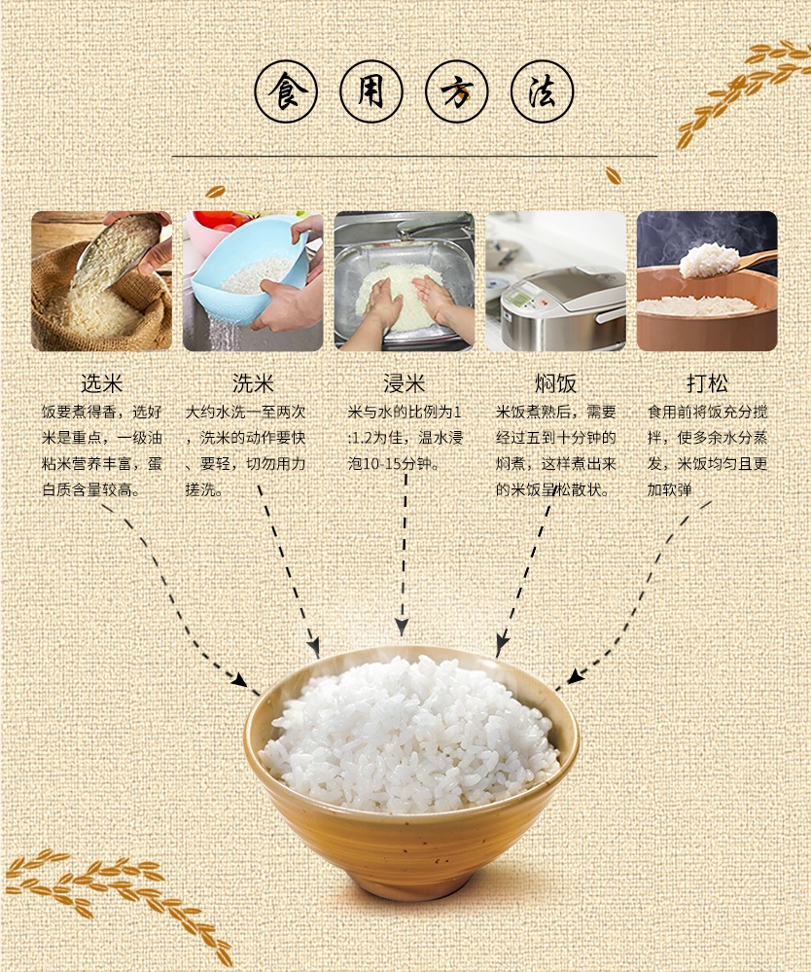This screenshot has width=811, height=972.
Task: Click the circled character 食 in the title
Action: pyautogui.click(x=286, y=91)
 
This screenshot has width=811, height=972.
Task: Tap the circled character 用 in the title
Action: pyautogui.click(x=371, y=91)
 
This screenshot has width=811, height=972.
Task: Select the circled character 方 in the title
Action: pyautogui.click(x=457, y=91)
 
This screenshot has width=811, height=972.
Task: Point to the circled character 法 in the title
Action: pyautogui.click(x=542, y=91)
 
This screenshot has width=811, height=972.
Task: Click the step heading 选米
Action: pyautogui.click(x=101, y=383)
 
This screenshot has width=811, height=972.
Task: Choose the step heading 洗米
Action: pyautogui.click(x=253, y=383)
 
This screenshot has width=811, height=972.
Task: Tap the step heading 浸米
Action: pyautogui.click(x=404, y=383)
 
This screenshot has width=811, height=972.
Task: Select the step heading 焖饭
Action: pyautogui.click(x=556, y=383)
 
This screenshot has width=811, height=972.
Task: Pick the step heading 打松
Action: pyautogui.click(x=707, y=383)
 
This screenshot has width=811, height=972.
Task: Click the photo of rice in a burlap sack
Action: pyautogui.click(x=101, y=281)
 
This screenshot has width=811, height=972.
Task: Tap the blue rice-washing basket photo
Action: pyautogui.click(x=253, y=281)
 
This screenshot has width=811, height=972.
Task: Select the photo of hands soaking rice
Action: pyautogui.click(x=405, y=281)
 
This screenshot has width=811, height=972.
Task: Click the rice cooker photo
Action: pyautogui.click(x=556, y=281)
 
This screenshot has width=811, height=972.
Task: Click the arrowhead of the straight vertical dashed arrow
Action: pyautogui.click(x=402, y=627)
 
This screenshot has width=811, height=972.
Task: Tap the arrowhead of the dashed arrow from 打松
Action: pyautogui.click(x=575, y=675)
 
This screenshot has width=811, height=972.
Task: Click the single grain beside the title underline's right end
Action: pyautogui.click(x=614, y=175)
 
